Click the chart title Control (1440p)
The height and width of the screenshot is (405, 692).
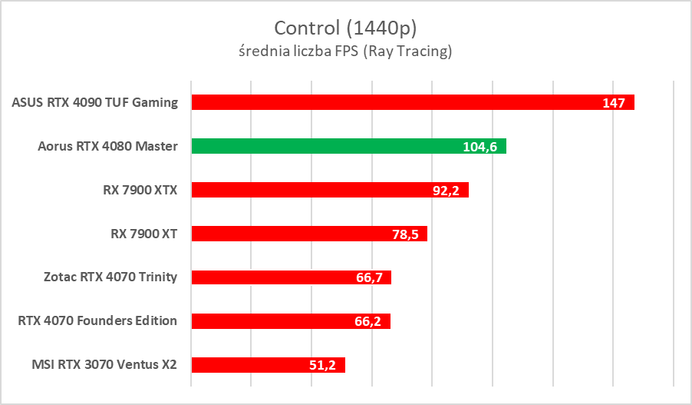point(345,28)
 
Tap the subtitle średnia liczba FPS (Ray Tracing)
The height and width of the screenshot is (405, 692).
point(345,52)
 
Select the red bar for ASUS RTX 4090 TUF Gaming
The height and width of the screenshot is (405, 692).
point(399,102)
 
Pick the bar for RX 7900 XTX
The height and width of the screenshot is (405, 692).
point(307,190)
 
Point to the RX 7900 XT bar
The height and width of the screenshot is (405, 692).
point(292,234)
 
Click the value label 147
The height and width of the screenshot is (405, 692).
point(614,103)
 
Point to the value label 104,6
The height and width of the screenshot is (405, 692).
point(479,147)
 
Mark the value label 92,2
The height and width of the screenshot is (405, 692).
point(446,191)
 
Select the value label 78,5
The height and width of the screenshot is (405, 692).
point(404,234)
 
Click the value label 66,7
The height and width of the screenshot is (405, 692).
point(369,278)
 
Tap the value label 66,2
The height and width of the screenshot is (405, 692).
point(368,322)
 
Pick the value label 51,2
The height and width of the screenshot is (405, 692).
point(323,366)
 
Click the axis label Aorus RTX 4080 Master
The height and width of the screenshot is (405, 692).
point(107,146)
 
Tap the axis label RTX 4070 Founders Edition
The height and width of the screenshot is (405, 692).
point(97,321)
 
